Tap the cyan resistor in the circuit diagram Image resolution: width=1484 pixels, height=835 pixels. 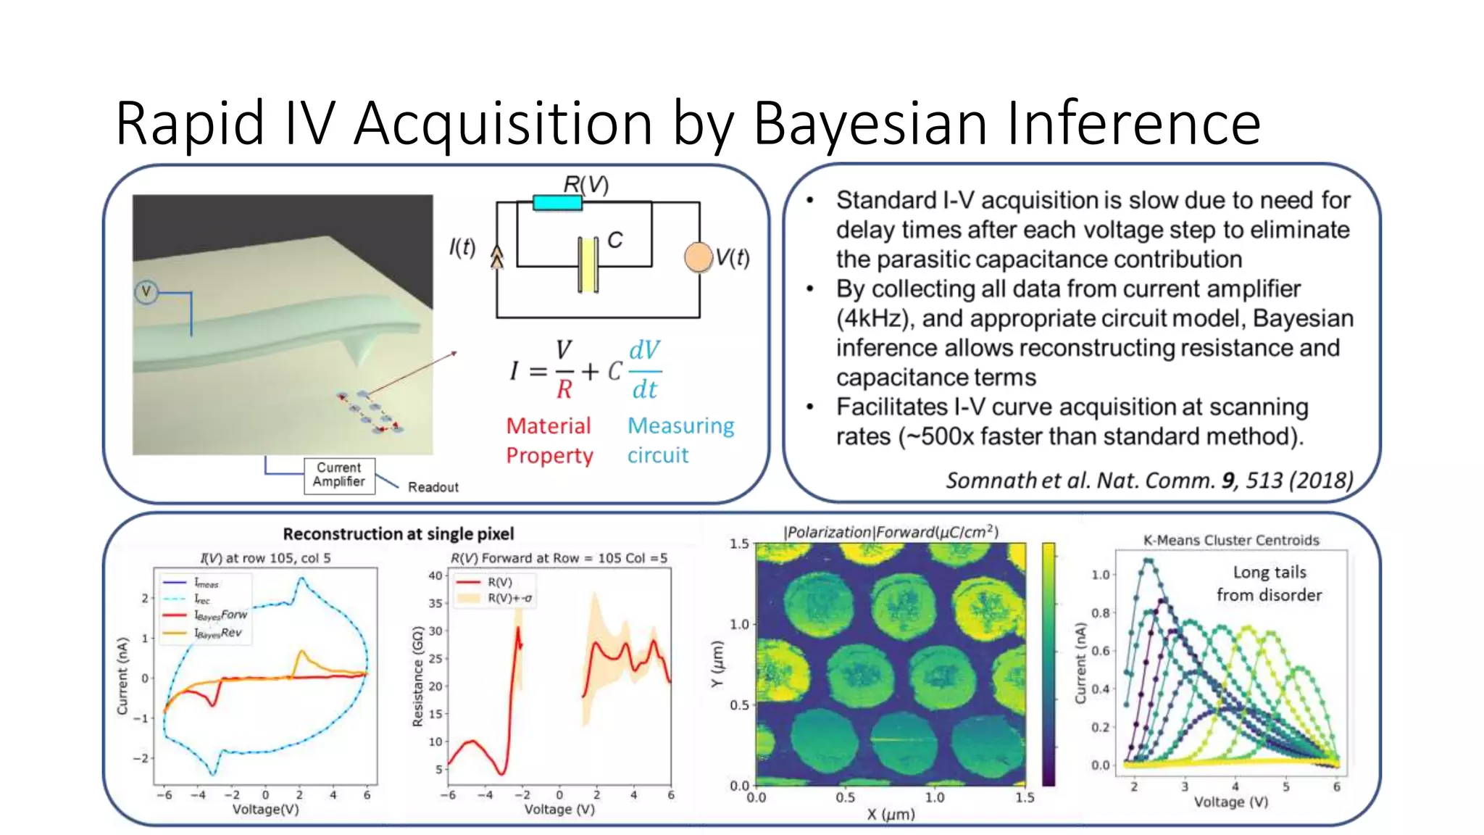tap(557, 203)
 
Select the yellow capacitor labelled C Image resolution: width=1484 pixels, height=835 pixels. tap(588, 265)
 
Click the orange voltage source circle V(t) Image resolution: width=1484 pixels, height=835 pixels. tap(699, 257)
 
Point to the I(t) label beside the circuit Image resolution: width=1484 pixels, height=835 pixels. tap(462, 248)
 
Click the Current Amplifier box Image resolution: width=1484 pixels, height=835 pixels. tap(339, 475)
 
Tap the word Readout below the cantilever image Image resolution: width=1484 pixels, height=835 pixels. tap(433, 487)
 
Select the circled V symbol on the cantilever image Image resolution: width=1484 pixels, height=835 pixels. tap(146, 292)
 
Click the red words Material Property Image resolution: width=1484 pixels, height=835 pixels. tap(549, 440)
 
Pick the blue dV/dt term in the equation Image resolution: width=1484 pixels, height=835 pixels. tap(644, 370)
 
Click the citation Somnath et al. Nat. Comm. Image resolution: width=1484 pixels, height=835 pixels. tap(1080, 481)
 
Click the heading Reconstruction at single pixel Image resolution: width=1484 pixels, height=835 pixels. tap(398, 534)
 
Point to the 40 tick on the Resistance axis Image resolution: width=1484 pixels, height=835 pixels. tap(435, 576)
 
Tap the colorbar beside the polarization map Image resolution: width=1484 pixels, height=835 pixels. tap(1049, 663)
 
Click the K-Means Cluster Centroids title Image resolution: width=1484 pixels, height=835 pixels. tap(1231, 540)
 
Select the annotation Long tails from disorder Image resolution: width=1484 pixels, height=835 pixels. tap(1269, 583)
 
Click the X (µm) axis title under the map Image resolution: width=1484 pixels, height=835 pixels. tap(891, 815)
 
